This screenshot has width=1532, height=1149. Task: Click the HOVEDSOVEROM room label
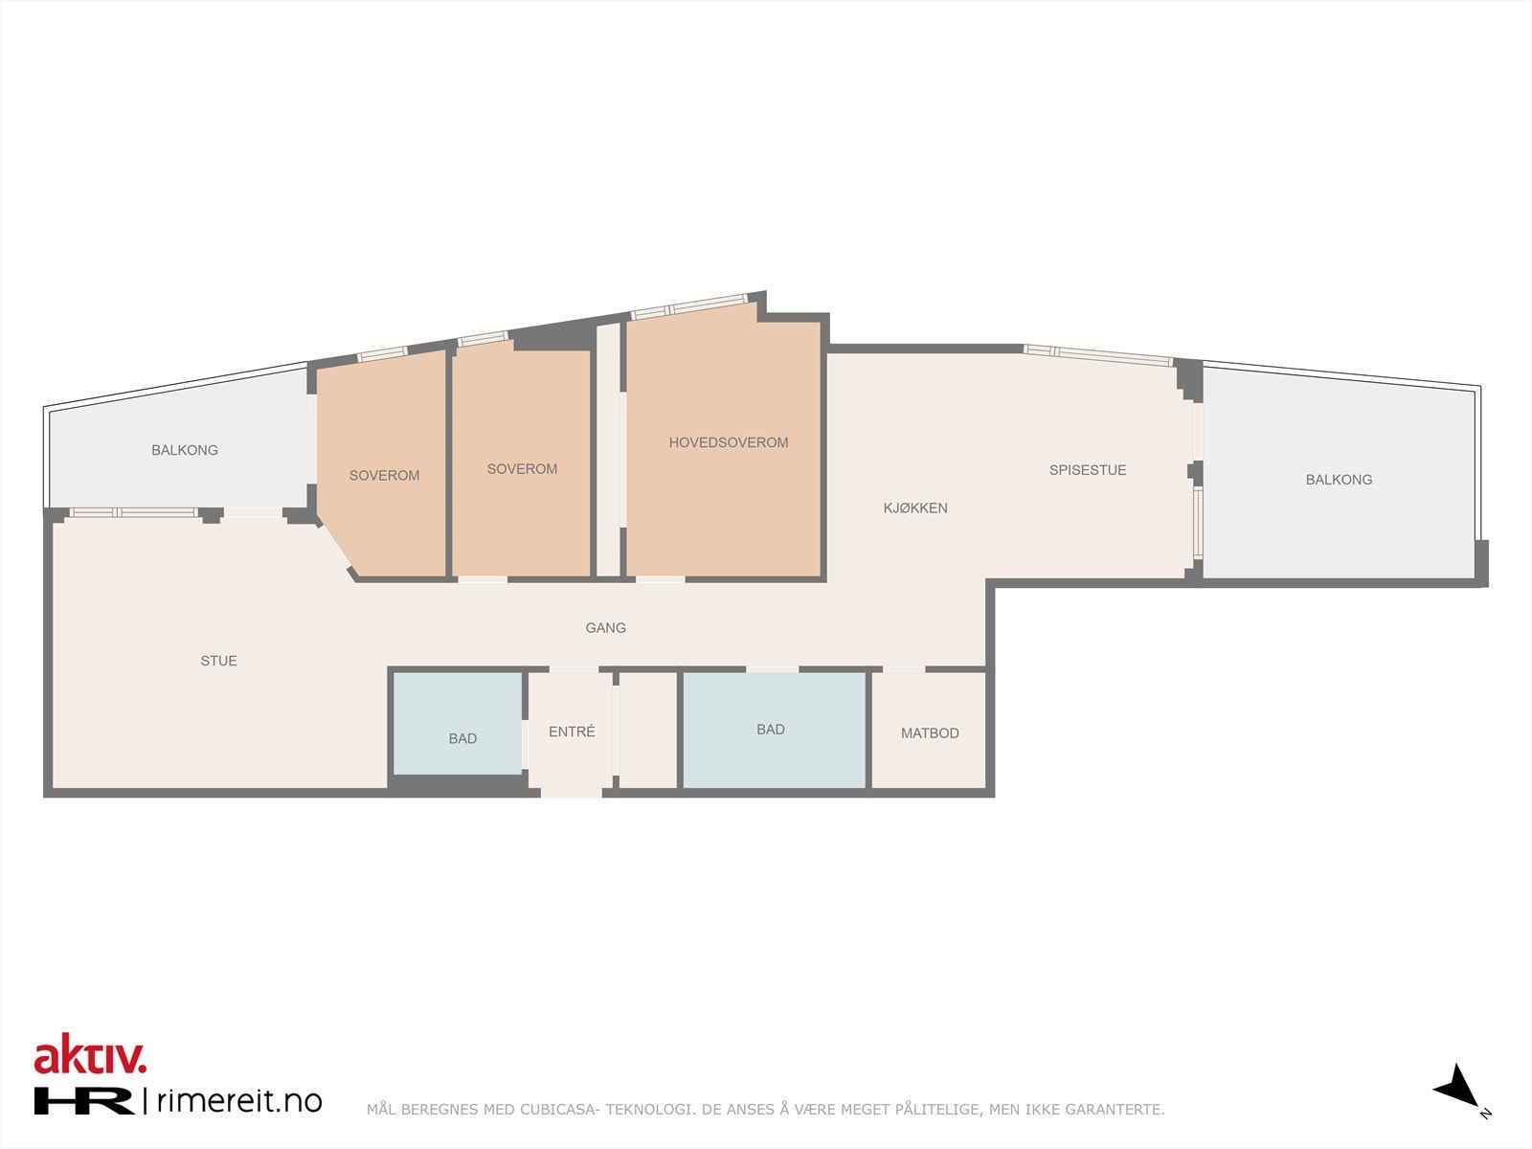[x=728, y=442]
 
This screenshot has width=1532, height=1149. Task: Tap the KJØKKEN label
[x=914, y=508]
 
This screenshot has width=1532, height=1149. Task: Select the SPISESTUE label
[x=1087, y=470]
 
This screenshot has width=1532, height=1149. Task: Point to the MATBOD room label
[x=929, y=733]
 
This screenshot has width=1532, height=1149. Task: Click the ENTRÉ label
[x=572, y=732]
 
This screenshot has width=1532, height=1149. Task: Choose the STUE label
[x=218, y=661]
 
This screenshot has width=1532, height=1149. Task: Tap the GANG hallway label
[x=605, y=628]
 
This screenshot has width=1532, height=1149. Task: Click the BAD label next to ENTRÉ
[x=462, y=738]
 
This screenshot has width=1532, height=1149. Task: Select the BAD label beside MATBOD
[x=770, y=730]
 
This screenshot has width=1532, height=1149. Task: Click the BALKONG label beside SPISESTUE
[x=1338, y=480]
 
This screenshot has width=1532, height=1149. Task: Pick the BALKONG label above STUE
[x=185, y=450]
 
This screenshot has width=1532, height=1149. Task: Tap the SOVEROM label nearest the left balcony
[x=384, y=476]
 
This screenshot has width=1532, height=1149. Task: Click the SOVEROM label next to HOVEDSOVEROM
[x=521, y=469]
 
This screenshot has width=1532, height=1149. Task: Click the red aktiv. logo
[x=90, y=1056]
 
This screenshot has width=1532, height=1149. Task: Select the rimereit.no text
[x=237, y=1101]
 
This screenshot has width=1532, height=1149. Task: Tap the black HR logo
[x=84, y=1101]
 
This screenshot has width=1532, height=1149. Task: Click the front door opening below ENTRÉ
[x=572, y=792]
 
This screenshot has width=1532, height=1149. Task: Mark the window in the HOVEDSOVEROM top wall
[x=688, y=306]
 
